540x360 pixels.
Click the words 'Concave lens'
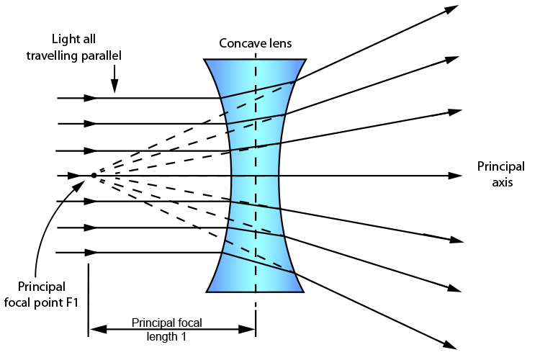coord(256,43)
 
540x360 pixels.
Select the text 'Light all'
coord(75,39)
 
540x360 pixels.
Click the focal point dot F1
coord(94,175)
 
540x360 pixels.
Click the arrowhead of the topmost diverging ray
coord(451,9)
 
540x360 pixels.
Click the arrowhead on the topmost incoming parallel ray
coord(90,97)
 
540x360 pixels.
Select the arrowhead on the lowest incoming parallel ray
coord(90,253)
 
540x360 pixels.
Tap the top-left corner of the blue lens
coord(205,60)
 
